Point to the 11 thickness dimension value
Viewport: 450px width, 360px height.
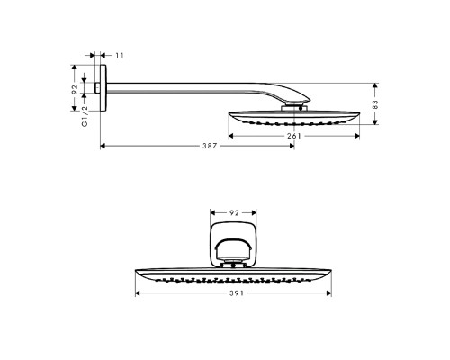click(x=121, y=55)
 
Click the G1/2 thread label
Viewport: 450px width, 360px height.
click(x=85, y=116)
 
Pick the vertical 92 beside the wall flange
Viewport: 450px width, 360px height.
click(x=76, y=87)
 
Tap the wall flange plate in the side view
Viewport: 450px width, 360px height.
click(x=104, y=87)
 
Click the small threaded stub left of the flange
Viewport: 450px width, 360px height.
click(x=98, y=87)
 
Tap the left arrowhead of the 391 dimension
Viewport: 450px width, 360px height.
click(x=138, y=293)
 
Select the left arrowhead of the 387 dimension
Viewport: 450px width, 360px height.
click(x=103, y=144)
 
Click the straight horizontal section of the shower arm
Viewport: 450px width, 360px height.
click(x=180, y=86)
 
